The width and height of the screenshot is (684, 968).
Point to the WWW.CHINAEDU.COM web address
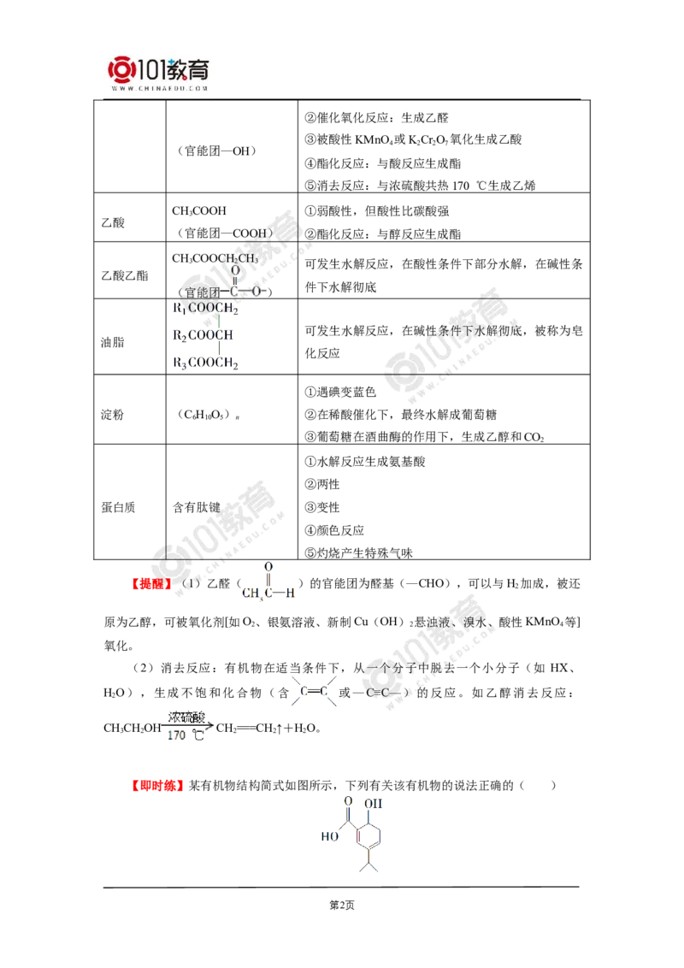[x=159, y=87]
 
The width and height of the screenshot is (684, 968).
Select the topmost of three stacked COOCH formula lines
[x=205, y=307]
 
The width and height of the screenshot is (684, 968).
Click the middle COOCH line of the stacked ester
[x=205, y=334]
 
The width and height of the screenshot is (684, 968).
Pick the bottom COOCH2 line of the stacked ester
[x=205, y=363]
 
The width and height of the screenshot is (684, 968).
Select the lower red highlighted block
[x=157, y=784]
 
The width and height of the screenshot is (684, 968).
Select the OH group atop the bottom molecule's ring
[x=373, y=804]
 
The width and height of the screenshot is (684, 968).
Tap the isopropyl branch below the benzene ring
[x=369, y=865]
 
